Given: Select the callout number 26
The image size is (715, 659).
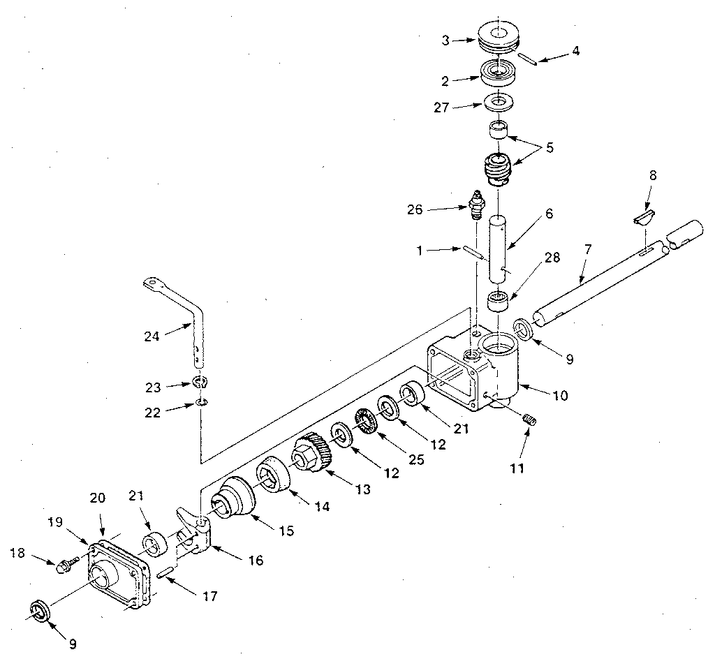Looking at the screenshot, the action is point(415,210).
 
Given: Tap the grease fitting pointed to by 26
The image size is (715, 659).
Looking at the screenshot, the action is point(477,204).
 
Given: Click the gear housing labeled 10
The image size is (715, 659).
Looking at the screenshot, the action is point(475,371).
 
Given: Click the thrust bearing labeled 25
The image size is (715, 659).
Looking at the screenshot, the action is point(367,422).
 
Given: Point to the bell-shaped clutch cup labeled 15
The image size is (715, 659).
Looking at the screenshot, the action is point(232,498).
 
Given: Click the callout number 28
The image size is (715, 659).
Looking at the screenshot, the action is point(552,258).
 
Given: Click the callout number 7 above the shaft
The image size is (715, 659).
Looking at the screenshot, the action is point(588,249).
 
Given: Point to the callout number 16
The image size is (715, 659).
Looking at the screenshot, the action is point(256,560).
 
